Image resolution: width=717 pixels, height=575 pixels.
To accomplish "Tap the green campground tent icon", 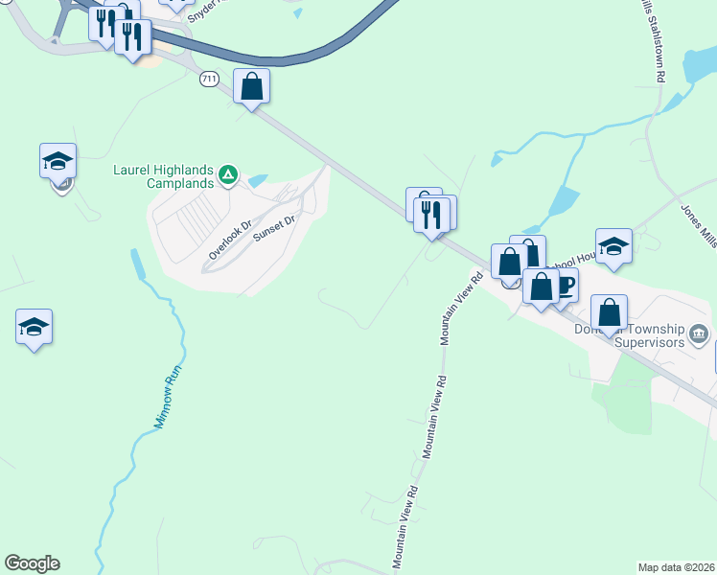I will pos(228,173).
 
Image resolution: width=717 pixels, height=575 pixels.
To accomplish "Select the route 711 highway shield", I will pos(208,78).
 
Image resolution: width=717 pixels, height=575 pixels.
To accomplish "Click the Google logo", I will pos(32,563).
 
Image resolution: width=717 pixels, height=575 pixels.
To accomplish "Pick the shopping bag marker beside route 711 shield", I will pos(251,87).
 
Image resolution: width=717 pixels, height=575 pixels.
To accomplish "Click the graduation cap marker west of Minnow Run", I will pos(35,328).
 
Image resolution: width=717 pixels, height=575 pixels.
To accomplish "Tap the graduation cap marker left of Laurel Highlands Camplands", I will pos(58,160).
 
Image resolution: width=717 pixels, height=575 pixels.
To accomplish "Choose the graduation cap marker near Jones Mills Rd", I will pos(613,246).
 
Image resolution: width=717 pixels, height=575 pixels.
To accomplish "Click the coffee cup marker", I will pos(564,286).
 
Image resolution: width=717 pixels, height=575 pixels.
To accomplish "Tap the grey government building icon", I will pos(700,334).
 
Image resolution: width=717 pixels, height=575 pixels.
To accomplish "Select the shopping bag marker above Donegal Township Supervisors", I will pos(610,311).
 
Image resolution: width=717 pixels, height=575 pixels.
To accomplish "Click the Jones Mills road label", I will pos(698,225).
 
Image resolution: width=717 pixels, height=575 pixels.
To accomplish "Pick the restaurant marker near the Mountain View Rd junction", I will pos(431,214).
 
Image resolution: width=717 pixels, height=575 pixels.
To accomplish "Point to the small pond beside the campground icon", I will pos(257,179).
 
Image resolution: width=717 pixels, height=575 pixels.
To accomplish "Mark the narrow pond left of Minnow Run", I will pos(137,263).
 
